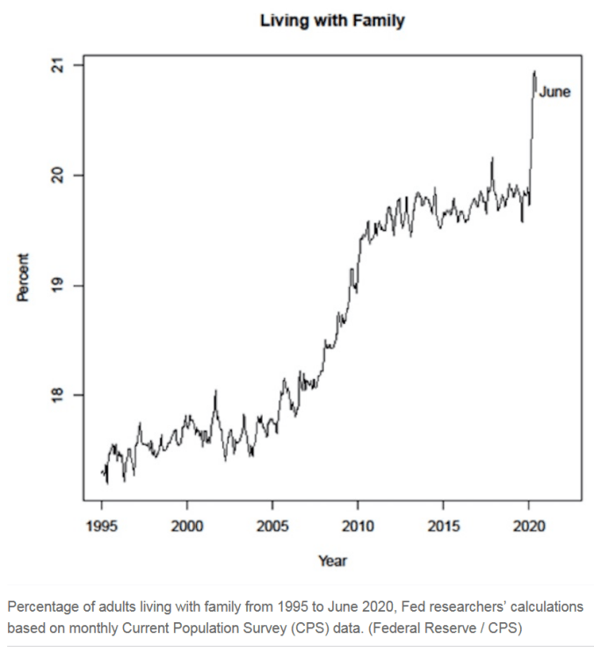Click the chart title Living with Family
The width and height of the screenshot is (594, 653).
click(332, 21)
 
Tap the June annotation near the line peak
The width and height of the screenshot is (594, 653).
click(554, 91)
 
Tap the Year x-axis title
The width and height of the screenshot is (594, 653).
click(332, 560)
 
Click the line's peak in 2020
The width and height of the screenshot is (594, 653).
click(534, 72)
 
